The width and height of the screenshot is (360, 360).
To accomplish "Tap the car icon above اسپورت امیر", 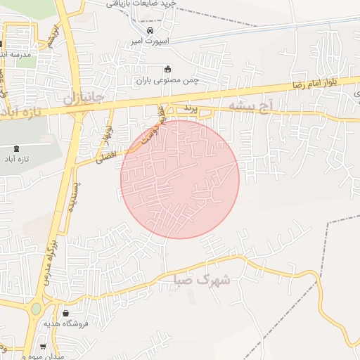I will click(150, 32).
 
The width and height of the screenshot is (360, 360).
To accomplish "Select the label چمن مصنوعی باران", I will click(167, 79).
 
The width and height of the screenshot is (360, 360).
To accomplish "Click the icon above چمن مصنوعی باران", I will click(167, 69).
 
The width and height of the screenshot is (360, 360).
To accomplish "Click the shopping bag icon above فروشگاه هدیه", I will click(65, 314).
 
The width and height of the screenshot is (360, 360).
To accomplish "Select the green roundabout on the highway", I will click(36, 308).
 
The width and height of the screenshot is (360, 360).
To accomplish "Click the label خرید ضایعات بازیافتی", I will click(141, 4).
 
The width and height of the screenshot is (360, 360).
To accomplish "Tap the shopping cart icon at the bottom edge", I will click(44, 347).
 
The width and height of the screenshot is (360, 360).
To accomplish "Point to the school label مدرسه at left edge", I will click(13, 54).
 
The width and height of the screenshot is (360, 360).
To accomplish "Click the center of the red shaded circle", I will click(180, 179).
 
